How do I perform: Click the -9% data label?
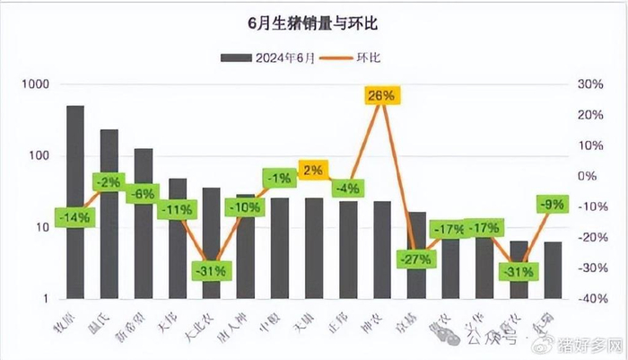pos(552,204)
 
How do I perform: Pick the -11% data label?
pos(175,210)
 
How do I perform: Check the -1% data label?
pos(279,179)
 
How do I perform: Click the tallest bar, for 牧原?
pos(75,202)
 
